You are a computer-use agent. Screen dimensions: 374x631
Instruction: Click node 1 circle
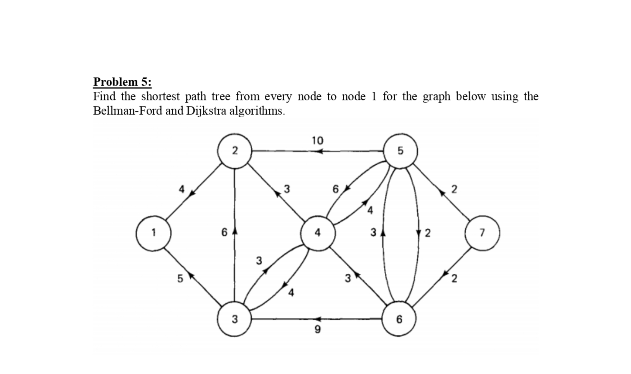(x=153, y=233)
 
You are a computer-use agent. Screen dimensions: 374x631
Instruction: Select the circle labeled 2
(x=234, y=151)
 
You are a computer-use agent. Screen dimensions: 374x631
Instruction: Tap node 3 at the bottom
(x=234, y=319)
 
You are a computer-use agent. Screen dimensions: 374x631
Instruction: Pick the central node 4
(x=317, y=233)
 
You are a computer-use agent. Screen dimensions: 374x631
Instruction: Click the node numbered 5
(x=400, y=151)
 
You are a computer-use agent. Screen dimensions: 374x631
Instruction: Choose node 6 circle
(x=399, y=319)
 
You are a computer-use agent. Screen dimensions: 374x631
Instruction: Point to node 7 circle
(x=482, y=233)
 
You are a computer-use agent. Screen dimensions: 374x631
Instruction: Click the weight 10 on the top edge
(x=317, y=140)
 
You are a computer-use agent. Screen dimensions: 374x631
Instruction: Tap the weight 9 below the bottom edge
(x=317, y=329)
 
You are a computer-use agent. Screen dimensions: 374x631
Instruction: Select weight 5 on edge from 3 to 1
(x=180, y=278)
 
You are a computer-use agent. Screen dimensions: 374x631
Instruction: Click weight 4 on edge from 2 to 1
(x=182, y=189)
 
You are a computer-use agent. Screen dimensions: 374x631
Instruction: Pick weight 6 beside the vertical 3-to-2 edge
(x=224, y=232)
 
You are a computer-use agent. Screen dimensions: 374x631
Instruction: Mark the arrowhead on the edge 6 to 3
(x=317, y=319)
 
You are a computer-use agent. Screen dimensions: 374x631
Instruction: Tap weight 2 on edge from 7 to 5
(x=454, y=189)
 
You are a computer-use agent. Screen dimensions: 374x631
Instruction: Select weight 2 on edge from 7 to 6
(x=454, y=278)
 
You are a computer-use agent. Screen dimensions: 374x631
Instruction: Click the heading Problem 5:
(x=122, y=82)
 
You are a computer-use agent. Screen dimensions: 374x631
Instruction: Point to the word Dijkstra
(x=206, y=111)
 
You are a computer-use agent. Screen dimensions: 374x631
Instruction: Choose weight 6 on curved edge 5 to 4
(x=336, y=189)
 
